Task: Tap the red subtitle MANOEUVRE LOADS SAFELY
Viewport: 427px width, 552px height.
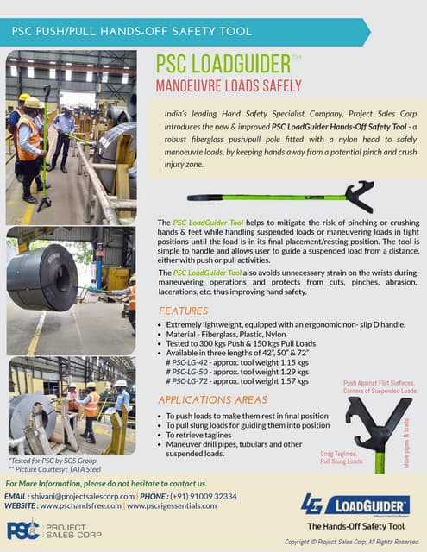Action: point(228,86)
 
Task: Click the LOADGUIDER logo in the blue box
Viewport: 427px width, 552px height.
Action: point(354,504)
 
